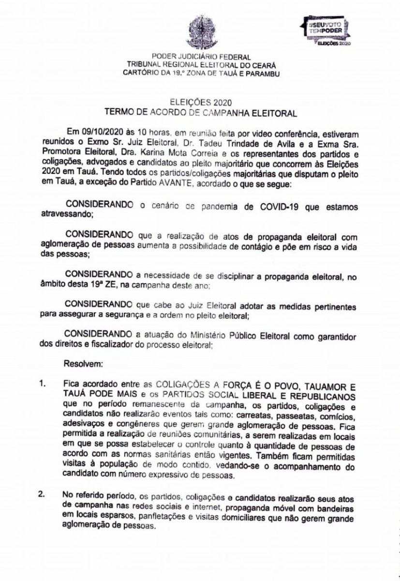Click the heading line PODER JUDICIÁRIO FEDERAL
tap(200, 57)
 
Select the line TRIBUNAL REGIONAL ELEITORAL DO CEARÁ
tap(200, 64)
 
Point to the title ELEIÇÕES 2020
tap(200, 103)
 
